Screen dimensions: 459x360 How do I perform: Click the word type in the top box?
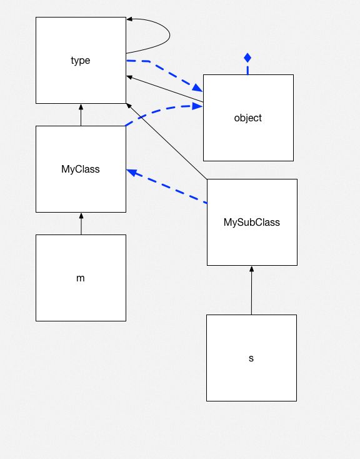pos(81,61)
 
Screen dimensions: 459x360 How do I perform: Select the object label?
pos(247,118)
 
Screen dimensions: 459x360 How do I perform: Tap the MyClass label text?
pos(81,169)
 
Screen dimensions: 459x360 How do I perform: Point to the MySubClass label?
pos(251,222)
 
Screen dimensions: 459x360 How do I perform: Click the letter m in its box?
pos(81,278)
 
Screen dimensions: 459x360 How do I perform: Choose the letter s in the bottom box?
pos(251,358)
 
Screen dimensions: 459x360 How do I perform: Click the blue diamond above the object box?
pos(247,58)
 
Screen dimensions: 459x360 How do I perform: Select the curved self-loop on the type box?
pos(167,34)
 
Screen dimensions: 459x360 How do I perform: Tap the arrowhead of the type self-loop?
pos(130,19)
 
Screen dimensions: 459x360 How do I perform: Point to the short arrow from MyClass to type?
pos(81,115)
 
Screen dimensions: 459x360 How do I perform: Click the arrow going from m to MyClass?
pos(81,224)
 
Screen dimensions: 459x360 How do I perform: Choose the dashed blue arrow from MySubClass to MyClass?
pos(167,186)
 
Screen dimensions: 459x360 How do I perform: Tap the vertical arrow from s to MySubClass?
pos(251,291)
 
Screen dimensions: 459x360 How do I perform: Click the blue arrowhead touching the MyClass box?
pos(131,171)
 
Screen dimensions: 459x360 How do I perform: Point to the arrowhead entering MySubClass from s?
pos(251,269)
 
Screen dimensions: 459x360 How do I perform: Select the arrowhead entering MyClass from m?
pos(81,216)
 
